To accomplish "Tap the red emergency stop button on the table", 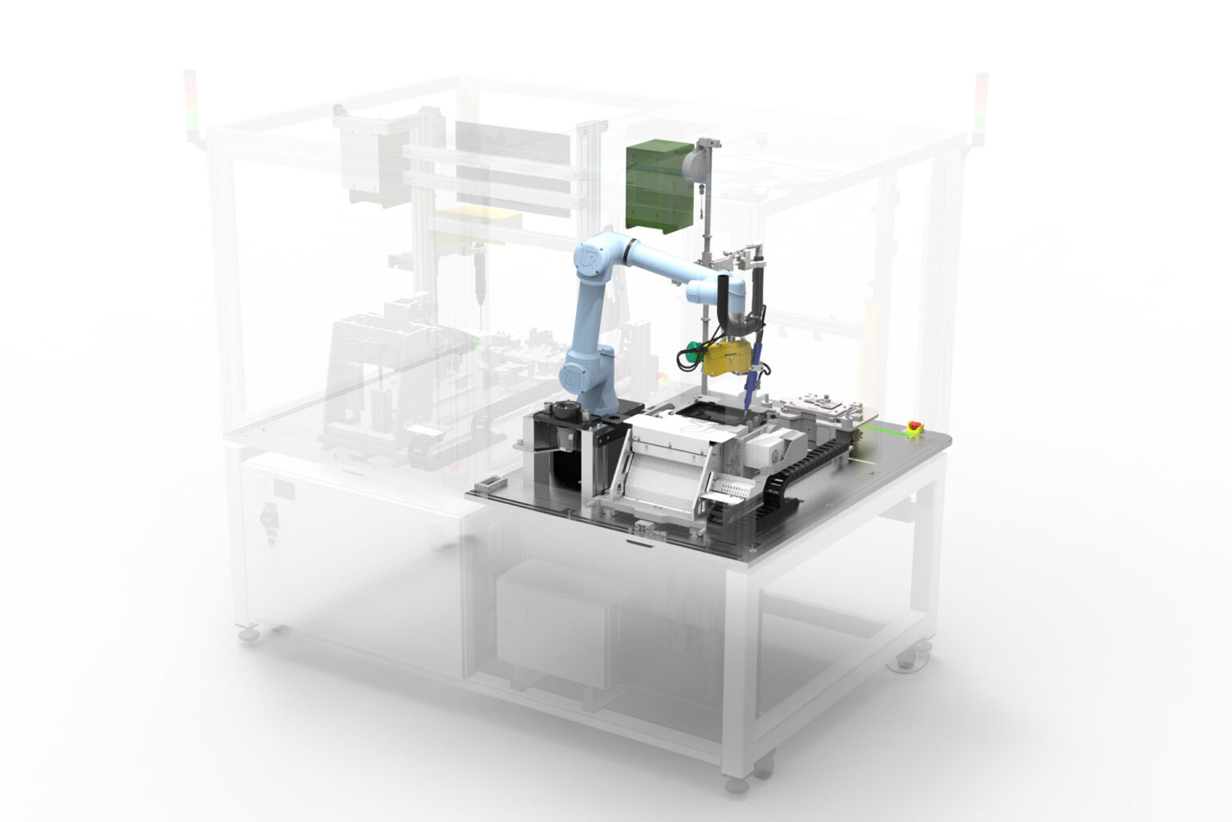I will tap(913, 426).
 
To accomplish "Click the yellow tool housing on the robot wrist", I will tap(727, 357).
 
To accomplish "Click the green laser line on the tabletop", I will tap(882, 433).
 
